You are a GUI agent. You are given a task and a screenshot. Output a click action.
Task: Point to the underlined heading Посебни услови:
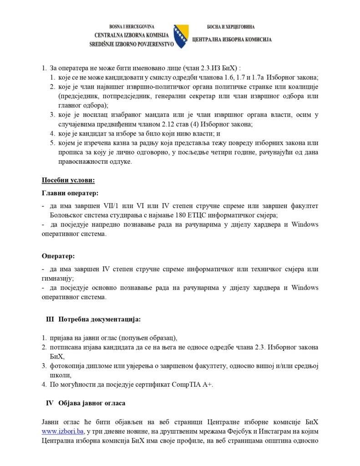click(x=68, y=180)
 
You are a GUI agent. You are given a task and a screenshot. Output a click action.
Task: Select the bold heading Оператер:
click(x=58, y=256)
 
